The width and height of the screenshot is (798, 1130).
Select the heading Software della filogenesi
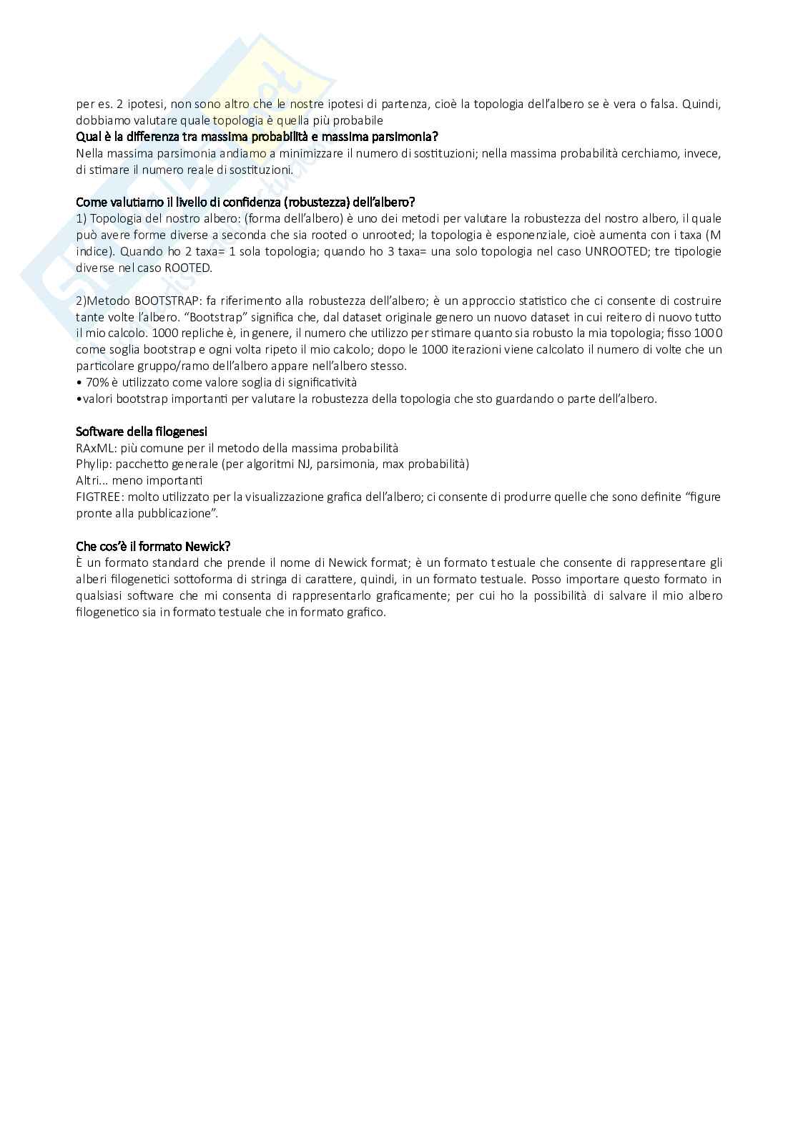[x=142, y=432]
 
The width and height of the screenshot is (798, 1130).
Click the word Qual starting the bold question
[x=87, y=136]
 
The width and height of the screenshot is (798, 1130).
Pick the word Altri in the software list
[x=89, y=480]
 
